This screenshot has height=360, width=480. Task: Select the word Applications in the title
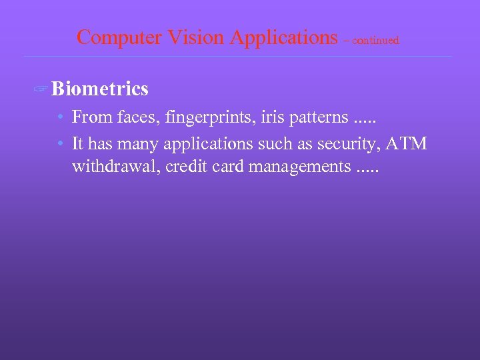(x=283, y=37)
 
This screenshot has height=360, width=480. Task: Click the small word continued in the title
(x=375, y=41)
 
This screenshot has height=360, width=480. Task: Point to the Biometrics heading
(x=99, y=88)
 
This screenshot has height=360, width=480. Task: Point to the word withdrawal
(x=113, y=166)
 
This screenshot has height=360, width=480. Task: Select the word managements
(x=298, y=167)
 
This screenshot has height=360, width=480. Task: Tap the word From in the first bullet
(x=91, y=117)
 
